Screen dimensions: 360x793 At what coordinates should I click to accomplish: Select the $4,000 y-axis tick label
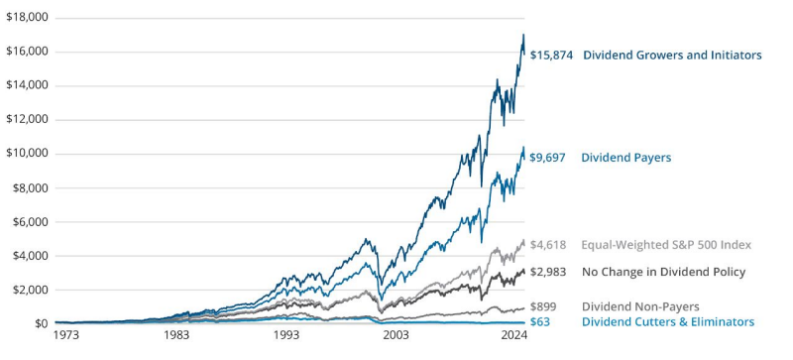pos(30,256)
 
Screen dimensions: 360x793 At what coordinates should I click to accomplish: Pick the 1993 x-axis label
pos(288,337)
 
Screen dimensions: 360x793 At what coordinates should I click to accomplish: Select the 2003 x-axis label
pos(398,337)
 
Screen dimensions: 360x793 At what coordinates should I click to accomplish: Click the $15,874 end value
pos(552,56)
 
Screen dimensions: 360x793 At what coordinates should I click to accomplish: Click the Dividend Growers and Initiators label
pos(672,56)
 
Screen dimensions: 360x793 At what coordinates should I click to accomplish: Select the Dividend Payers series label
pos(625,158)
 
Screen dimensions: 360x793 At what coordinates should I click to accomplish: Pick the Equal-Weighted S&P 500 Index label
pos(666,244)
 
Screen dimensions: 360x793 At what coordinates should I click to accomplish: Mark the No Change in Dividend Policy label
pos(663,272)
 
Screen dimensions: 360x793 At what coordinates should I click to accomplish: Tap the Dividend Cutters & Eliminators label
pos(667,322)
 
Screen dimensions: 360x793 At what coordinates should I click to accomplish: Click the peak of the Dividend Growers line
pos(523,35)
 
